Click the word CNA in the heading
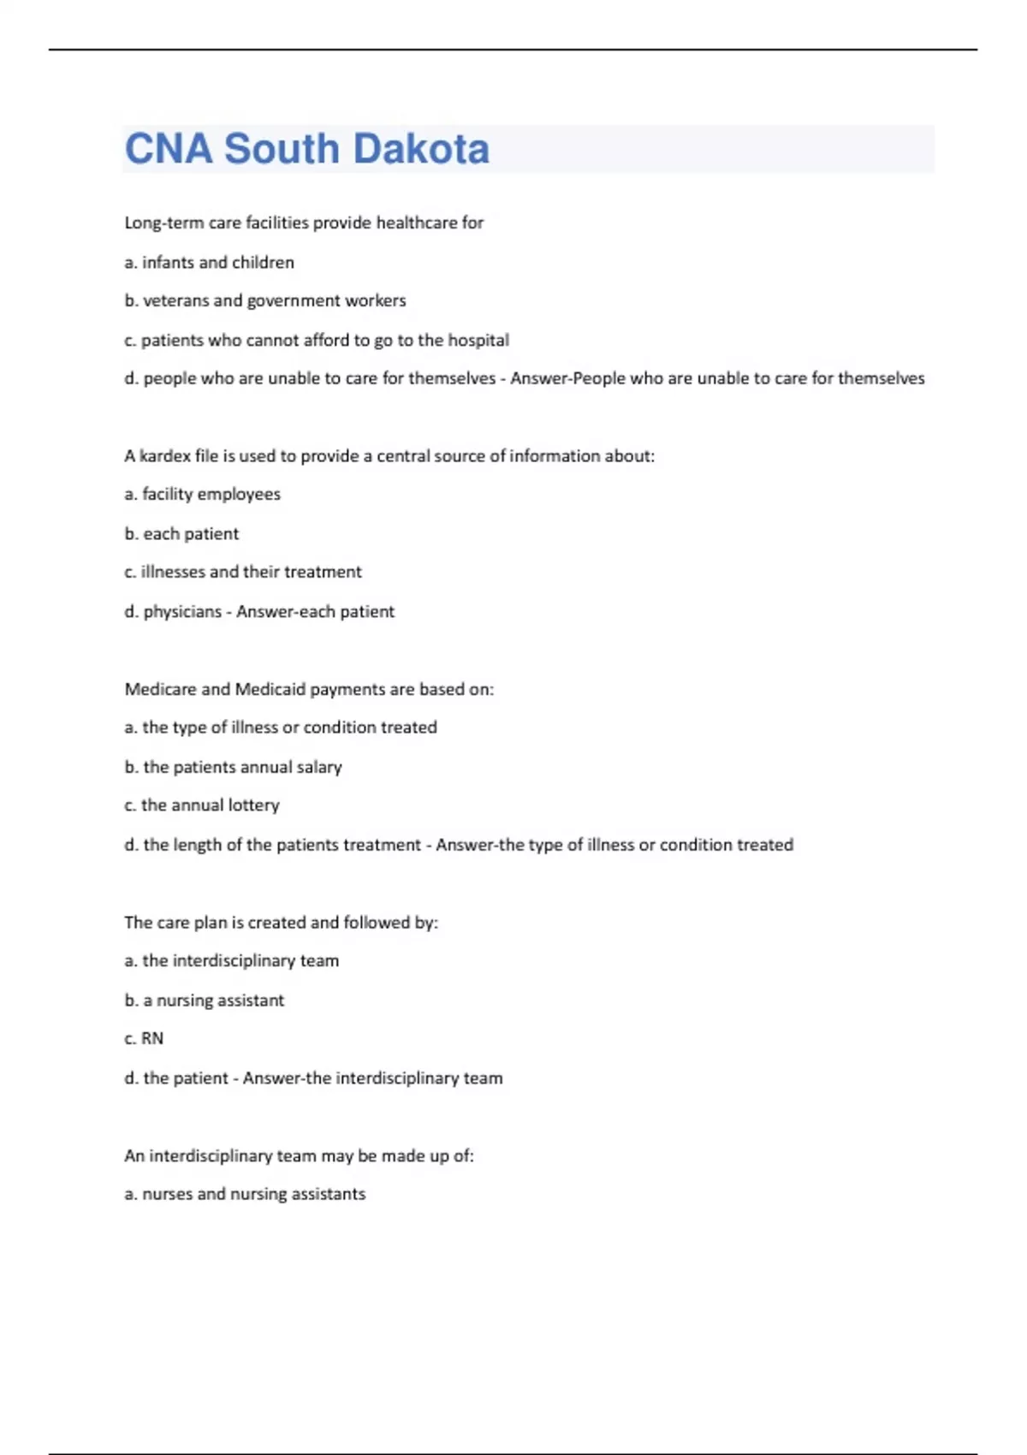click(x=168, y=149)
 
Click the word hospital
click(x=478, y=340)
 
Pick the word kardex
click(x=164, y=455)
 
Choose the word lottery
click(x=254, y=805)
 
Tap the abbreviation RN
click(x=152, y=1038)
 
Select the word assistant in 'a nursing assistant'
click(x=251, y=1000)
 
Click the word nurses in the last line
click(x=167, y=1194)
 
